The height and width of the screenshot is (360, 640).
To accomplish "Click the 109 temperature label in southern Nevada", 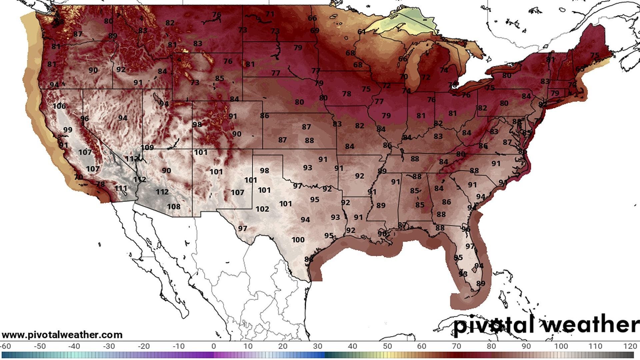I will pyautogui.click(x=147, y=147).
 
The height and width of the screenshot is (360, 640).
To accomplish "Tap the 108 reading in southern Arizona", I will pyautogui.click(x=174, y=207).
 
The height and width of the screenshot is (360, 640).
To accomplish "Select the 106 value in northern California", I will pyautogui.click(x=59, y=106).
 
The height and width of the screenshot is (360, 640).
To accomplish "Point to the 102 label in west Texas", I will pyautogui.click(x=262, y=209).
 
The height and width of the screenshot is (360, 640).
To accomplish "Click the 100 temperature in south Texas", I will pyautogui.click(x=298, y=240).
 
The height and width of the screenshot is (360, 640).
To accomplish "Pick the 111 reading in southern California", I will pyautogui.click(x=121, y=188).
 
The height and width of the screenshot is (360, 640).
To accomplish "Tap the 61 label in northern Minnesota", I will pyautogui.click(x=362, y=32).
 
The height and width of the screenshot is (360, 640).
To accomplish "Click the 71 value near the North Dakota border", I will pyautogui.click(x=270, y=14).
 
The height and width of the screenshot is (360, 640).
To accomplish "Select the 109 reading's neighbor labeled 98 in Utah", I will pyautogui.click(x=197, y=124).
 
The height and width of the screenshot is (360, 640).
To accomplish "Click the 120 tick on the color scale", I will pyautogui.click(x=630, y=346).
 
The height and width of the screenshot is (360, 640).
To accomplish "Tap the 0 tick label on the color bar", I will pyautogui.click(x=214, y=346).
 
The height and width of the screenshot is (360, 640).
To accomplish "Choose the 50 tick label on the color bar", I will pyautogui.click(x=387, y=346).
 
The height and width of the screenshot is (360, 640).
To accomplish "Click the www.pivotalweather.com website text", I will pyautogui.click(x=62, y=335).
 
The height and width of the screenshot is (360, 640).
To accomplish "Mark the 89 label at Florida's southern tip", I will pyautogui.click(x=481, y=284).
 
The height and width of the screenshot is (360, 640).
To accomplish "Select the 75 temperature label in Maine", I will pyautogui.click(x=594, y=55).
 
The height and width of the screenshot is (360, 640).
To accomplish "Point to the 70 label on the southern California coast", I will pyautogui.click(x=78, y=177).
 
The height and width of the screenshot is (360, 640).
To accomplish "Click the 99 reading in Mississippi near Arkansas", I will pyautogui.click(x=382, y=171).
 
